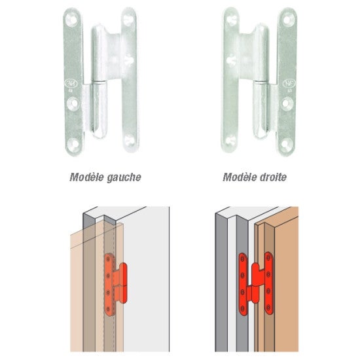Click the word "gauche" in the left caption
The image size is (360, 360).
124,177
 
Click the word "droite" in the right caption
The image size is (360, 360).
274,177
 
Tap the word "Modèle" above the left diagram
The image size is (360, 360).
87,177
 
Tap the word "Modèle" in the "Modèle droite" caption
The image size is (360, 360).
240,177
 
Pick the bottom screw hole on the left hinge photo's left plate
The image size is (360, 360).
74,144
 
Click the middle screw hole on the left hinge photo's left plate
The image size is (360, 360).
73,103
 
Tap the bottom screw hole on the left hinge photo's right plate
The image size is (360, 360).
130,140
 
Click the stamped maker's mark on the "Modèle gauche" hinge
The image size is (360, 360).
69,83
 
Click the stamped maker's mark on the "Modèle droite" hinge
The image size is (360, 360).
288,83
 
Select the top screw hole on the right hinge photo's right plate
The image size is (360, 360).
288,20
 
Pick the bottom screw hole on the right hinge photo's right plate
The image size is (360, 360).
286,144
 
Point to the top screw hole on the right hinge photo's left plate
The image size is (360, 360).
232,19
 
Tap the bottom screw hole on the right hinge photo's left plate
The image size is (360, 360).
230,140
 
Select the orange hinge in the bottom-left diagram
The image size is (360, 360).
115,284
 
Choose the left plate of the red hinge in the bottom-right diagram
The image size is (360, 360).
242,284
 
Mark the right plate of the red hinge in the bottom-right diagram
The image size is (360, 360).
268,283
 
